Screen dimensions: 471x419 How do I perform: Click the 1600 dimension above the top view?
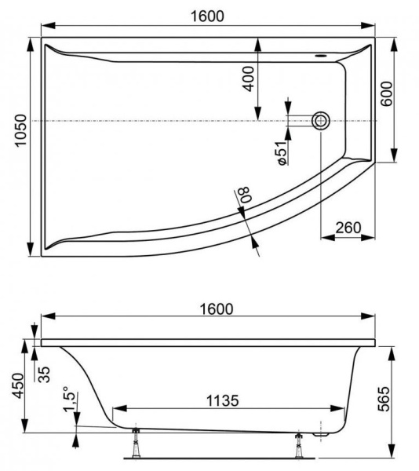[x=206, y=16]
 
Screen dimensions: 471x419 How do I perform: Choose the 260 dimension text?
[x=348, y=228]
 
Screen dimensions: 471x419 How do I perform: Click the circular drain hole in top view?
[x=321, y=121]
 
